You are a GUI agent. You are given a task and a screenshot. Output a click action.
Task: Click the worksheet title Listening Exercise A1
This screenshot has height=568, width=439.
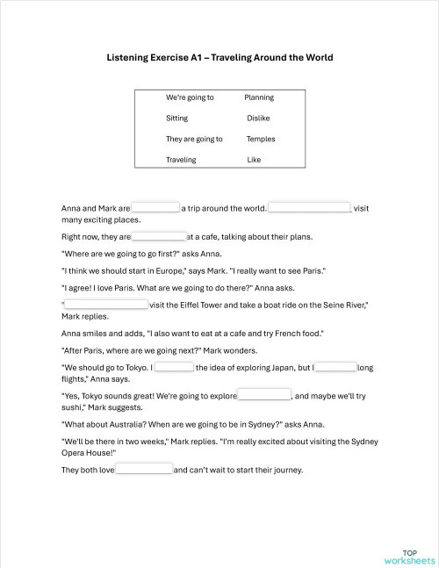click(x=219, y=57)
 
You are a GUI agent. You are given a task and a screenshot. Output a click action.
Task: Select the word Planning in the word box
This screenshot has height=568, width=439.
click(x=259, y=97)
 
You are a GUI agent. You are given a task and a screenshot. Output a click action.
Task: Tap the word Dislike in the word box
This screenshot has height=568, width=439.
click(x=258, y=118)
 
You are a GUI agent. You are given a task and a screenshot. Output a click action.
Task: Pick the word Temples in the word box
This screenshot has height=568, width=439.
click(x=261, y=139)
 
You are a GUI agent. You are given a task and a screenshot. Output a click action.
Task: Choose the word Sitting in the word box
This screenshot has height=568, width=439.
click(x=177, y=118)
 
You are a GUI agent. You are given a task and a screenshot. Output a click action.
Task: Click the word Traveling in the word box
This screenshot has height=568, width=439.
click(x=181, y=160)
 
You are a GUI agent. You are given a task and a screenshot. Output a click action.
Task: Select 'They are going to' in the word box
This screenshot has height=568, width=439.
click(x=194, y=139)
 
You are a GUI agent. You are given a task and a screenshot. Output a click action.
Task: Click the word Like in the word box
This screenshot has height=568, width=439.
click(x=254, y=160)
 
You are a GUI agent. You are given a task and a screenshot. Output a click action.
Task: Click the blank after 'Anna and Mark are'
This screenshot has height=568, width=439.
click(x=156, y=208)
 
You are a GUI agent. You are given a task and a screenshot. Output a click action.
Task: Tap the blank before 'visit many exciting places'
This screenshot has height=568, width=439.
click(x=309, y=208)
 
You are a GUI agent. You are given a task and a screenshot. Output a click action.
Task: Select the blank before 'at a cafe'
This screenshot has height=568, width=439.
click(x=159, y=236)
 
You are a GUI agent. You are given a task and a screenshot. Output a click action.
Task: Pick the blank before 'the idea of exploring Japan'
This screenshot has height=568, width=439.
click(x=175, y=367)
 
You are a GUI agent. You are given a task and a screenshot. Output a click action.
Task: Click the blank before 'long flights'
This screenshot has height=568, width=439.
click(x=336, y=367)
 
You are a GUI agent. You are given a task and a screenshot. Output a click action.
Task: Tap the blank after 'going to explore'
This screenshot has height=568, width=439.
click(x=264, y=395)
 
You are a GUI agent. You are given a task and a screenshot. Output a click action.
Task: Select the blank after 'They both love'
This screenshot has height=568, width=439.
click(x=145, y=470)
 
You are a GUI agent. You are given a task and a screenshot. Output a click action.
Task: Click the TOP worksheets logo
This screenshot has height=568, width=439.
click(x=408, y=556)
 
